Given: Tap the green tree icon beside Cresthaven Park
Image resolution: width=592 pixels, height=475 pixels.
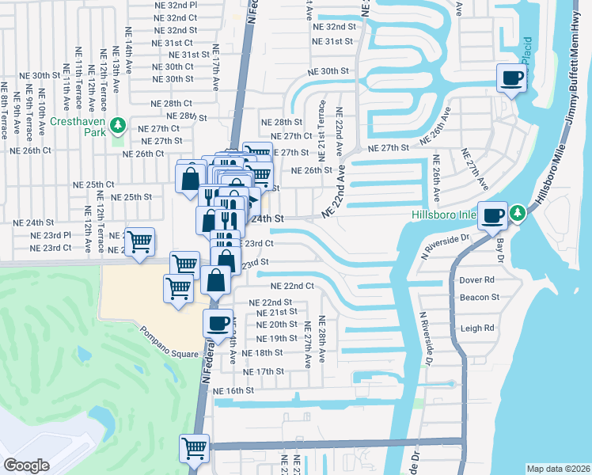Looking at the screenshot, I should coord(117,124).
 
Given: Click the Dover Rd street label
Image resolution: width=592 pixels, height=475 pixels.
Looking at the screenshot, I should coord(476,279).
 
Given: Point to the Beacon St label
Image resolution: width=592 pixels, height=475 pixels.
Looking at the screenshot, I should coord(479,298).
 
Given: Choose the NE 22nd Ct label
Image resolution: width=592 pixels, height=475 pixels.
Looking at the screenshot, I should coord(292,286).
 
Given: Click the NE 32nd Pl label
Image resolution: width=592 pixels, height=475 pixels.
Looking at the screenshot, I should coord(176,5).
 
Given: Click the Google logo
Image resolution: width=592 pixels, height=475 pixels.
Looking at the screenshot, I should coord(26,465).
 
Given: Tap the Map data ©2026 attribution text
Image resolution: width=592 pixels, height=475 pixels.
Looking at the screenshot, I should coord(557,469).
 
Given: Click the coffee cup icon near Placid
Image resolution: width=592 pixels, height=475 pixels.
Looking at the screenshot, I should coord(511,78).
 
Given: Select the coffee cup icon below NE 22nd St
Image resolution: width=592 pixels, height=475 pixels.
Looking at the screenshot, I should coord(218,322).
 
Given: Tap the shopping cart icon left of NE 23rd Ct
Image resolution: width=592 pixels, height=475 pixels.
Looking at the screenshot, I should coord(139,242).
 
